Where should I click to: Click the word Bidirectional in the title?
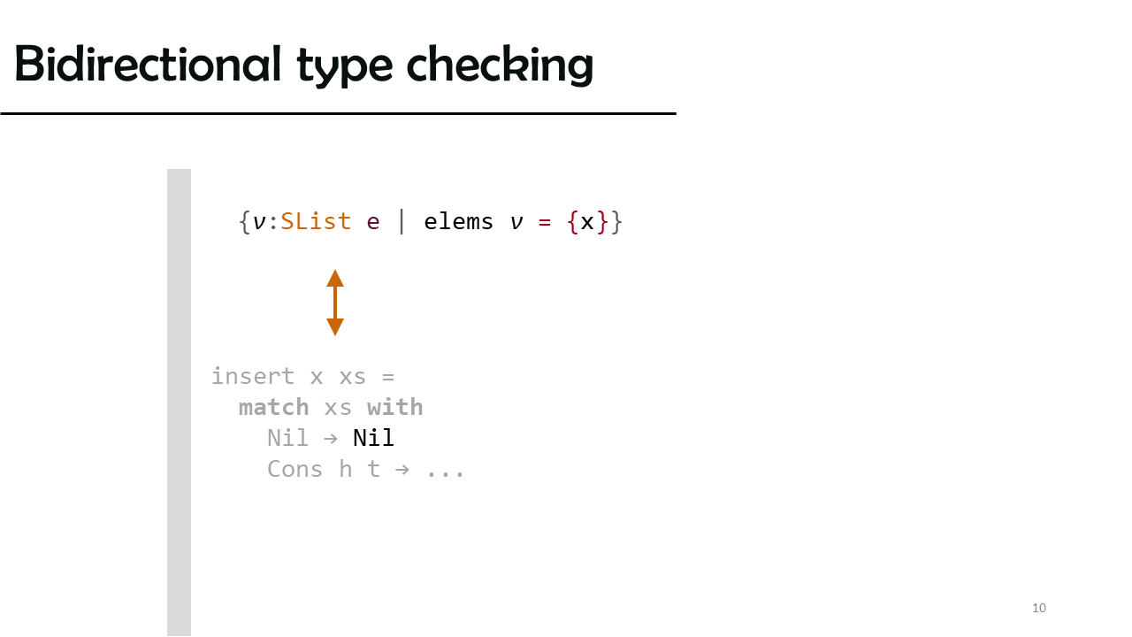pyautogui.click(x=148, y=64)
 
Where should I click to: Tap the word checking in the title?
pyautogui.click(x=500, y=65)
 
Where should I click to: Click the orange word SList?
pyautogui.click(x=316, y=222)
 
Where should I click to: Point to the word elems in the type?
pyautogui.click(x=458, y=222)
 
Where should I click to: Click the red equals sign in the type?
pyautogui.click(x=544, y=222)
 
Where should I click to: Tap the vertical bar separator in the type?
pyautogui.click(x=402, y=222)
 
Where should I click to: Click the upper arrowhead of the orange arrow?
pyautogui.click(x=335, y=279)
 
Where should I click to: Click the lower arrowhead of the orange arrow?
pyautogui.click(x=335, y=327)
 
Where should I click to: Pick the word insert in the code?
pyautogui.click(x=253, y=377)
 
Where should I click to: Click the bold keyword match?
pyautogui.click(x=274, y=408)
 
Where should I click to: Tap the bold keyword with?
pyautogui.click(x=395, y=408)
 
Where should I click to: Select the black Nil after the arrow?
pyautogui.click(x=373, y=438)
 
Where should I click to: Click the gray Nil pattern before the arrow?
pyautogui.click(x=287, y=438)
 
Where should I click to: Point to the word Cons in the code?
pyautogui.click(x=294, y=470)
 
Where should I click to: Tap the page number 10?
pyautogui.click(x=1039, y=608)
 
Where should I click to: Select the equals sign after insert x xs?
pyautogui.click(x=388, y=377)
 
